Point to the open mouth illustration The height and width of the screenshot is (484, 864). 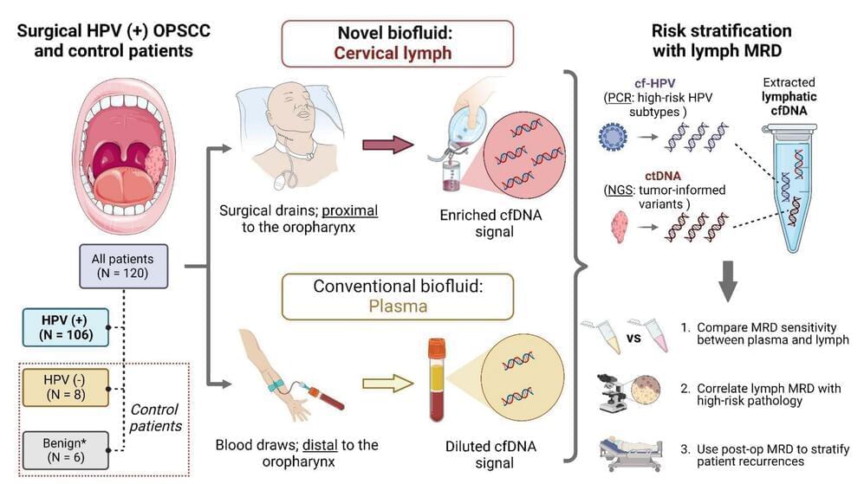(121, 162)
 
